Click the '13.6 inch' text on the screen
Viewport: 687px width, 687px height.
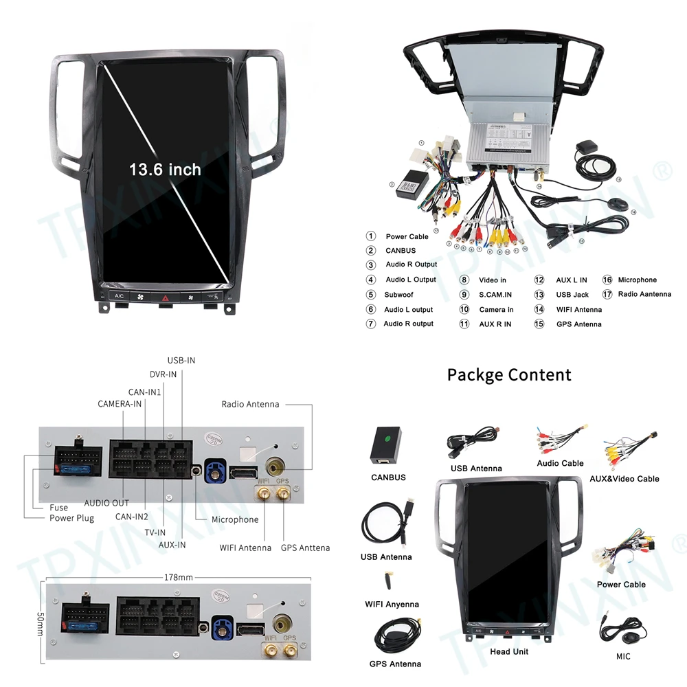coord(166,169)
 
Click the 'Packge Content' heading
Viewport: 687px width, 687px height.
coord(509,374)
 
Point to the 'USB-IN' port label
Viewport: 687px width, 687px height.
coord(181,360)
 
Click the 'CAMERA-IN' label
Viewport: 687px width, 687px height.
coord(120,403)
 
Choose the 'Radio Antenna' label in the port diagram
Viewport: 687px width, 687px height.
coord(250,404)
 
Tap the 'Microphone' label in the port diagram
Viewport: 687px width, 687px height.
coord(235,519)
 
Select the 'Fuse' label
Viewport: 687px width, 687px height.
coord(58,508)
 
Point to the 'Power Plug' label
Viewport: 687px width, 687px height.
coord(71,518)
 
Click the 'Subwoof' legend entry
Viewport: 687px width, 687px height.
coord(399,295)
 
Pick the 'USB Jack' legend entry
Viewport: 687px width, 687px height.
coord(572,295)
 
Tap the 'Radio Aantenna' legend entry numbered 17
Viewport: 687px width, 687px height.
coord(644,294)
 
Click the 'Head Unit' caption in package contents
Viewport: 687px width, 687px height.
coord(509,651)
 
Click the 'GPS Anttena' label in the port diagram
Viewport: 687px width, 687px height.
coord(305,548)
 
